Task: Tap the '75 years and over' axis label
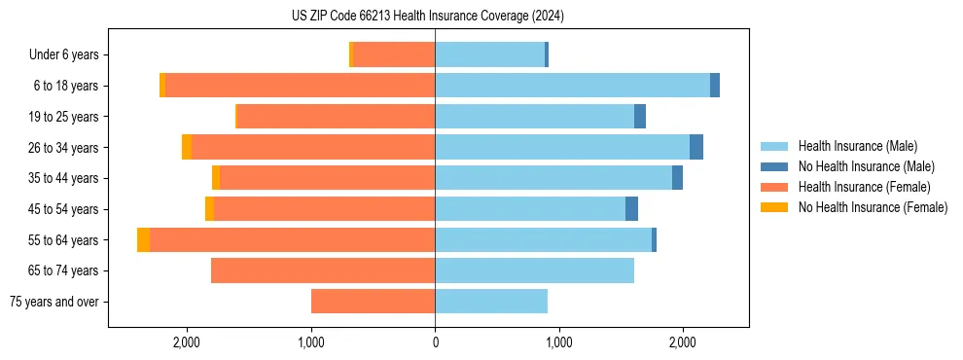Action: coord(53,302)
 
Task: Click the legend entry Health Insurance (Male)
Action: coord(857,146)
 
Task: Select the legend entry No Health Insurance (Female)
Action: coord(873,207)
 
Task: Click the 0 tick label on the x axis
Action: coord(435,342)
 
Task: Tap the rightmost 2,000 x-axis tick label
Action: coord(683,342)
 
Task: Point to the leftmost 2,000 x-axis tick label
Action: coord(186,342)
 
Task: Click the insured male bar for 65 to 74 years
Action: coord(534,270)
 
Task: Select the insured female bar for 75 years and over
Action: coord(373,302)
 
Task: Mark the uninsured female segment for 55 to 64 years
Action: coord(143,240)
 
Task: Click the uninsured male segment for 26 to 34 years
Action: coord(696,148)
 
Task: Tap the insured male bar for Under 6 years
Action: coord(489,55)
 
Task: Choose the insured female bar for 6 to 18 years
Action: coord(300,86)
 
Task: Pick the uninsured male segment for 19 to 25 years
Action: coord(640,117)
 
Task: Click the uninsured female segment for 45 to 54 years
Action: coord(209,209)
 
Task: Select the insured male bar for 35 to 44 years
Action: coord(553,178)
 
